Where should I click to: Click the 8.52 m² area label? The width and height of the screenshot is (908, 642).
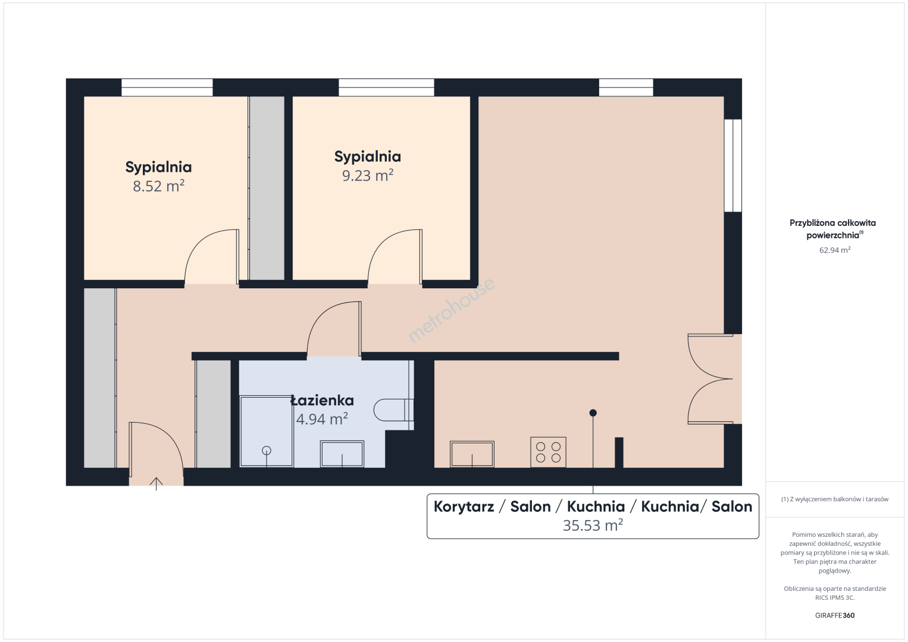(158, 186)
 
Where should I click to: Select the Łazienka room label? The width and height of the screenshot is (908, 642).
(323, 401)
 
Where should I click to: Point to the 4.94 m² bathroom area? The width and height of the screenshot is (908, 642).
(322, 419)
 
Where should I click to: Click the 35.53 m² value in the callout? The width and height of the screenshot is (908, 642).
(593, 525)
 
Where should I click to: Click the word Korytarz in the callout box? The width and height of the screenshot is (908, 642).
(464, 506)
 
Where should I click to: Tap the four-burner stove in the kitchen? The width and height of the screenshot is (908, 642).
(548, 452)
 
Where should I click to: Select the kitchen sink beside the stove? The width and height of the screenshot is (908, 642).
(472, 454)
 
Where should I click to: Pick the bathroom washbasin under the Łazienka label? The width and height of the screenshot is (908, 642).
(342, 454)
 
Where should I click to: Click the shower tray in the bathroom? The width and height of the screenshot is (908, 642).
(267, 432)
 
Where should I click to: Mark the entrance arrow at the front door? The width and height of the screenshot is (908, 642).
(156, 484)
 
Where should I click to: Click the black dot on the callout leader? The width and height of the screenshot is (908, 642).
(593, 413)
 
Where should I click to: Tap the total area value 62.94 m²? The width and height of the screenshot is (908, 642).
(835, 250)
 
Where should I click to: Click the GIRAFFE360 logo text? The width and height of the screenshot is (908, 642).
(835, 615)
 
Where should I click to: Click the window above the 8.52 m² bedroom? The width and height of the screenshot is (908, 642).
(167, 87)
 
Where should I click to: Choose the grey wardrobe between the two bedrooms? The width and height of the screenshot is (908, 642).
(267, 188)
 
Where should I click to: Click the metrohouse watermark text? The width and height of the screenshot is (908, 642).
(451, 310)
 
